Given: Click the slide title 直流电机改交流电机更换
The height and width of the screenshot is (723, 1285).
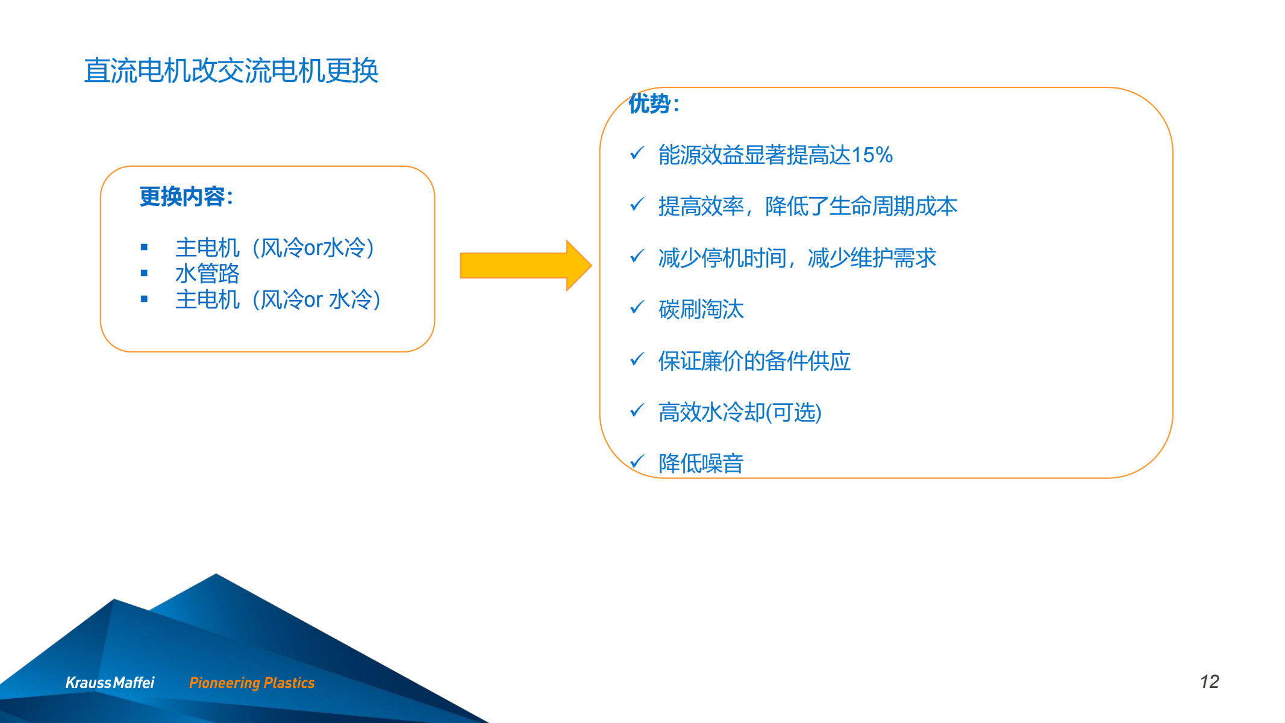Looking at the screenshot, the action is click(x=231, y=70).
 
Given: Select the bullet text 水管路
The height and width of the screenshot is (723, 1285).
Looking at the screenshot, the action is click(x=207, y=274).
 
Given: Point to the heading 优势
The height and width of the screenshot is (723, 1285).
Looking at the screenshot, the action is click(x=654, y=104).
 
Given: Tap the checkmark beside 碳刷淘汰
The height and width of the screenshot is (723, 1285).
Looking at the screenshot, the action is click(x=637, y=308).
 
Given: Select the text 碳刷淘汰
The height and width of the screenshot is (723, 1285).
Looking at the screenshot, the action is click(x=701, y=309).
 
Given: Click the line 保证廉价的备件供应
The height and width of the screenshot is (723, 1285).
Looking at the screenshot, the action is click(x=754, y=361).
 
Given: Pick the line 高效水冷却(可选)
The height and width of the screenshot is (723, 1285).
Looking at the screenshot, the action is click(x=740, y=413).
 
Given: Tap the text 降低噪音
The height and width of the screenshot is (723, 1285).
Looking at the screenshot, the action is click(x=701, y=463).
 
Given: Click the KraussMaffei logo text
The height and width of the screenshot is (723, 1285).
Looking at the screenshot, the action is click(x=110, y=683).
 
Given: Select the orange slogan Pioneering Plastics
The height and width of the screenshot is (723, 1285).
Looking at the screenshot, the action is click(x=252, y=683).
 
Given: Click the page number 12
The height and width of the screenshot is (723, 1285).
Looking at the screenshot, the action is click(x=1209, y=681).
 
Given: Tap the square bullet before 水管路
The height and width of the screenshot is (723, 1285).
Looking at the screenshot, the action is click(x=144, y=273).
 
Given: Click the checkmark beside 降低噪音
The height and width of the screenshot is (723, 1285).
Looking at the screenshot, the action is click(x=637, y=462).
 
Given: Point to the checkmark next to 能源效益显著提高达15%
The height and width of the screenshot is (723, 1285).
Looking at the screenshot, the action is click(x=637, y=153).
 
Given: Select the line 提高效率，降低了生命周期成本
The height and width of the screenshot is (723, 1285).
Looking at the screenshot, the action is click(x=808, y=206).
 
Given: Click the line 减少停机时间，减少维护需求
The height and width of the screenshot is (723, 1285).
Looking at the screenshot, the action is click(x=797, y=258).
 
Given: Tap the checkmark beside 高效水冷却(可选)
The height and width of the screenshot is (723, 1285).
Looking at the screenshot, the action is click(x=637, y=410).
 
